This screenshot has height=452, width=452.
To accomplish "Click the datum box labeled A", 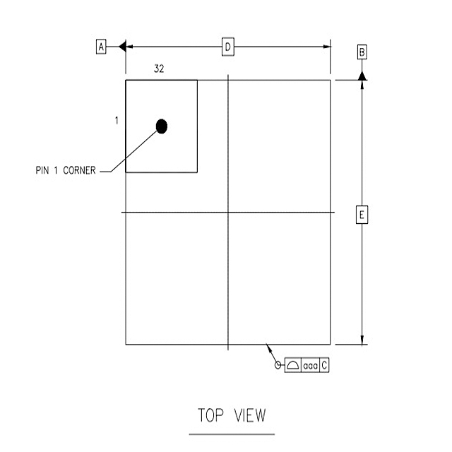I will (101, 47).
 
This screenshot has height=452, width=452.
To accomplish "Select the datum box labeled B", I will (362, 52).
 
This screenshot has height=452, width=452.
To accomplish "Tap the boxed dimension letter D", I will (228, 47).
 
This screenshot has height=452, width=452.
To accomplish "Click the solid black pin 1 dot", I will (162, 126).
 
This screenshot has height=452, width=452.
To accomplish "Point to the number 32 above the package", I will (160, 69).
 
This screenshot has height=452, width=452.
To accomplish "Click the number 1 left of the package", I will (116, 121).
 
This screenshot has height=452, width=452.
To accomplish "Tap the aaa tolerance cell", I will (310, 366).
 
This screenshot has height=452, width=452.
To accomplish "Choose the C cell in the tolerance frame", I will (324, 366).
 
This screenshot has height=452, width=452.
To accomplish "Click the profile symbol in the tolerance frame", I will (293, 366).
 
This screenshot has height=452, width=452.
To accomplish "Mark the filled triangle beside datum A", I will (121, 47).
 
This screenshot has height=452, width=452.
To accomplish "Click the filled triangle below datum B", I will (362, 75).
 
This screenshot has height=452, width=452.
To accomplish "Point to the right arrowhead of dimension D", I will (327, 47).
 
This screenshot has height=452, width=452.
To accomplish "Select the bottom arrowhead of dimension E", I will (362, 340).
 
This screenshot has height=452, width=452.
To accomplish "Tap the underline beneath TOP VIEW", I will (232, 434).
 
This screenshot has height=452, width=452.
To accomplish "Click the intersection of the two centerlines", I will (228, 212).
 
